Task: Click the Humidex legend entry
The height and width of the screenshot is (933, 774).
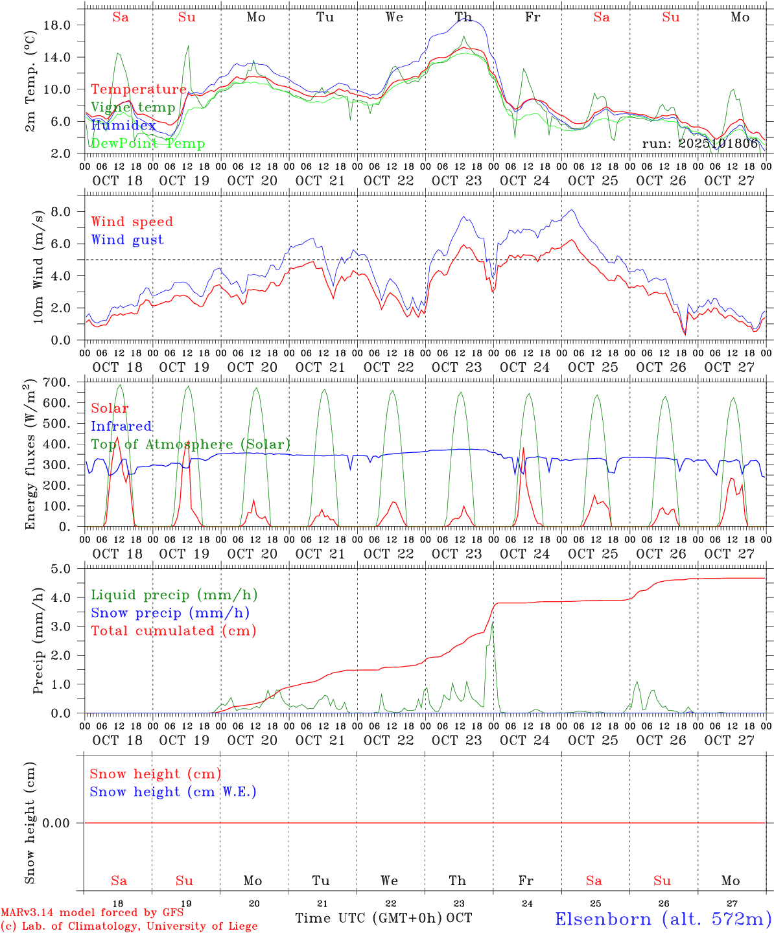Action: tap(123, 126)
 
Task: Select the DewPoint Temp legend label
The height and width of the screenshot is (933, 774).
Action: tap(148, 144)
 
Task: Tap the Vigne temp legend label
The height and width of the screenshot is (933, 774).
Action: tap(133, 108)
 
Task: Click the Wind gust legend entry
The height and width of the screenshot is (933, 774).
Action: tap(127, 240)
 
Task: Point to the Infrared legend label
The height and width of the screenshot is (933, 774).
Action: tap(121, 426)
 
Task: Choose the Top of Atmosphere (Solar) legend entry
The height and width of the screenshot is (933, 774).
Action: tap(191, 444)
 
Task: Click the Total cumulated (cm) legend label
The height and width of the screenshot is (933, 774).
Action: tap(174, 630)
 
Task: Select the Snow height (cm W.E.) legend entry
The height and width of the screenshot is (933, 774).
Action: tap(173, 792)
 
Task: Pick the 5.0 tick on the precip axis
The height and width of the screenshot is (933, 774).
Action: tap(60, 569)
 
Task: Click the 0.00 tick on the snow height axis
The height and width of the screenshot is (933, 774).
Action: tap(57, 823)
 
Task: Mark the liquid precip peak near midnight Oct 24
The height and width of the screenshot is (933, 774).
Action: tap(493, 623)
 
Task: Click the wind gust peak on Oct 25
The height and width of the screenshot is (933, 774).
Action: tap(571, 210)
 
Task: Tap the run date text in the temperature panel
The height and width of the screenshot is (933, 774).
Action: tap(699, 144)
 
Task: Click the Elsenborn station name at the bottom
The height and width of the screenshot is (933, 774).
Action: tap(663, 919)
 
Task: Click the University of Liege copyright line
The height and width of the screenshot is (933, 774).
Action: tap(129, 927)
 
